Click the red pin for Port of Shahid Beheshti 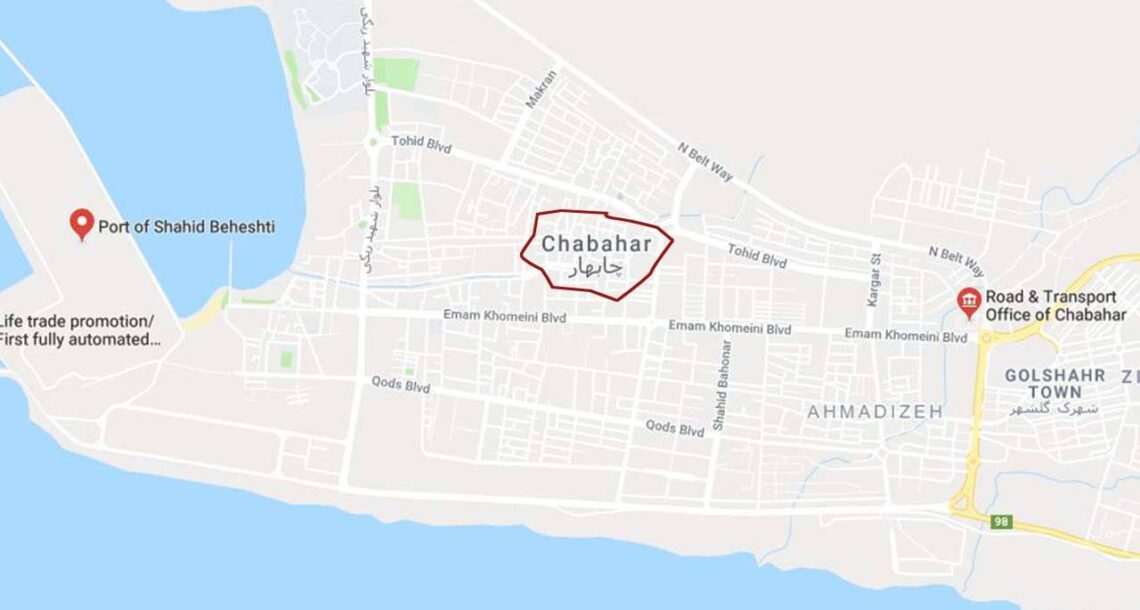[x=82, y=223]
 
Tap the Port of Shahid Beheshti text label [x=186, y=227]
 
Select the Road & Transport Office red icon [x=968, y=302]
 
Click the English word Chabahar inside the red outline [x=597, y=244]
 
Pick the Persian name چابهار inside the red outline [x=595, y=267]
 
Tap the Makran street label [x=541, y=89]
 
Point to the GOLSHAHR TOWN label [x=1055, y=383]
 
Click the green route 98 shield [x=1001, y=521]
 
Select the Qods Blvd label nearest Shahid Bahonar [x=674, y=428]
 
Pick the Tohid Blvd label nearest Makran [x=421, y=144]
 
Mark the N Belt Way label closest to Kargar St [x=956, y=261]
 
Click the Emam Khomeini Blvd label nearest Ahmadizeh [x=905, y=335]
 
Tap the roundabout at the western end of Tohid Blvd [x=372, y=142]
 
